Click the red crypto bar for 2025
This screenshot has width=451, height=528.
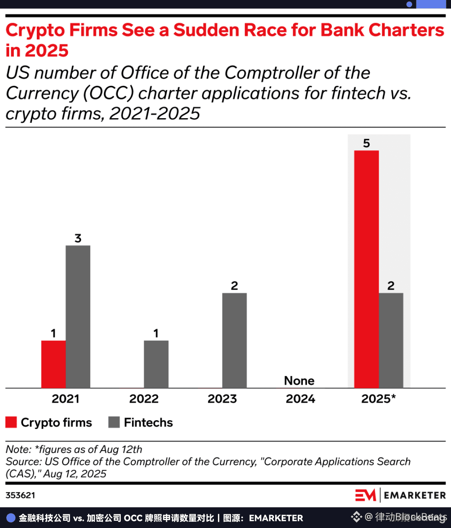366,269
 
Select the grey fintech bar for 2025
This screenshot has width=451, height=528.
391,340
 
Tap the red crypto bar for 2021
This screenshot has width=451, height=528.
53,364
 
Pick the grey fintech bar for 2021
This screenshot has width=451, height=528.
78,316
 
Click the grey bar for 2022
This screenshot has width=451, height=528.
156,364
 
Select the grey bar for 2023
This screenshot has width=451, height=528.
234,340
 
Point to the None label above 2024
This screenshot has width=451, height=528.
299,381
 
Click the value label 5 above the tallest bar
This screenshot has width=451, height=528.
366,143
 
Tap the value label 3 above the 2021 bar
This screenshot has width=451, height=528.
78,238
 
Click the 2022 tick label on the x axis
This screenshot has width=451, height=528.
144,399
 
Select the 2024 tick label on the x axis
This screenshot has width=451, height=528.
300,399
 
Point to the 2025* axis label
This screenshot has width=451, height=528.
378,399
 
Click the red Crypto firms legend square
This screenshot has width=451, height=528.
11,422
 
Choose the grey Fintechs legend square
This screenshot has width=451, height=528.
114,422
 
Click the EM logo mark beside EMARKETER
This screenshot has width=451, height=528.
365,495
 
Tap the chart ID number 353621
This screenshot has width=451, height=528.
20,495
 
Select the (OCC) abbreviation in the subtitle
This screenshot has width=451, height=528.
108,93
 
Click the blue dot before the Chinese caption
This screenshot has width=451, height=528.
11,518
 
